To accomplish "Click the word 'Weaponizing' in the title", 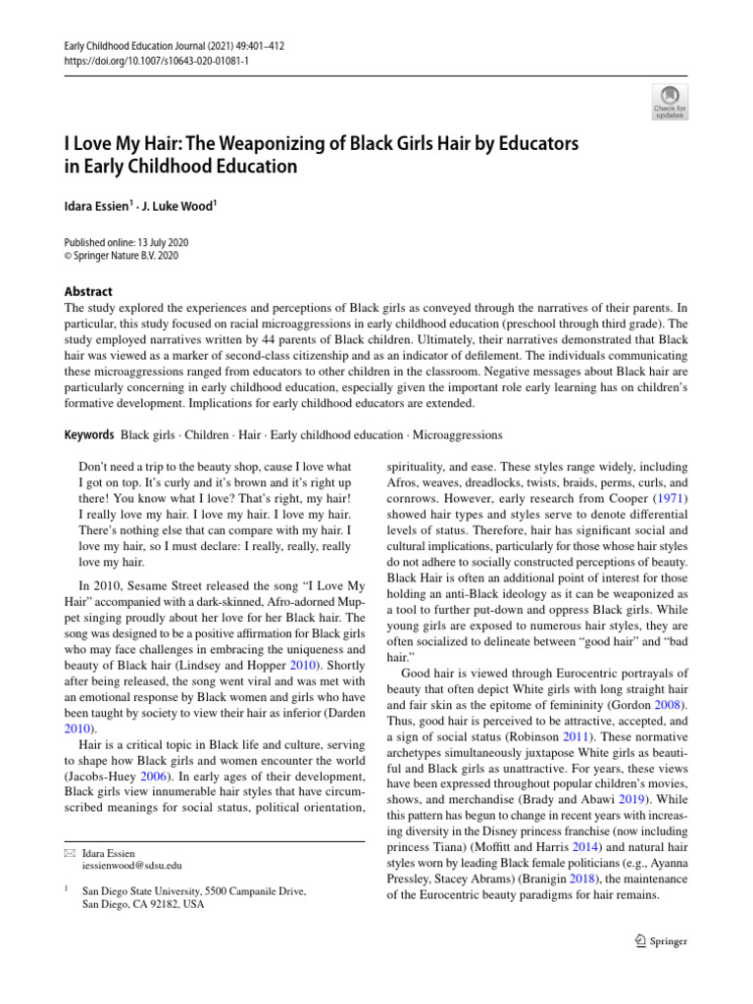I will click(x=270, y=143).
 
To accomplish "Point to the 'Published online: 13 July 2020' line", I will click(x=125, y=242).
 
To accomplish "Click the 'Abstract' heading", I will click(x=87, y=291).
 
